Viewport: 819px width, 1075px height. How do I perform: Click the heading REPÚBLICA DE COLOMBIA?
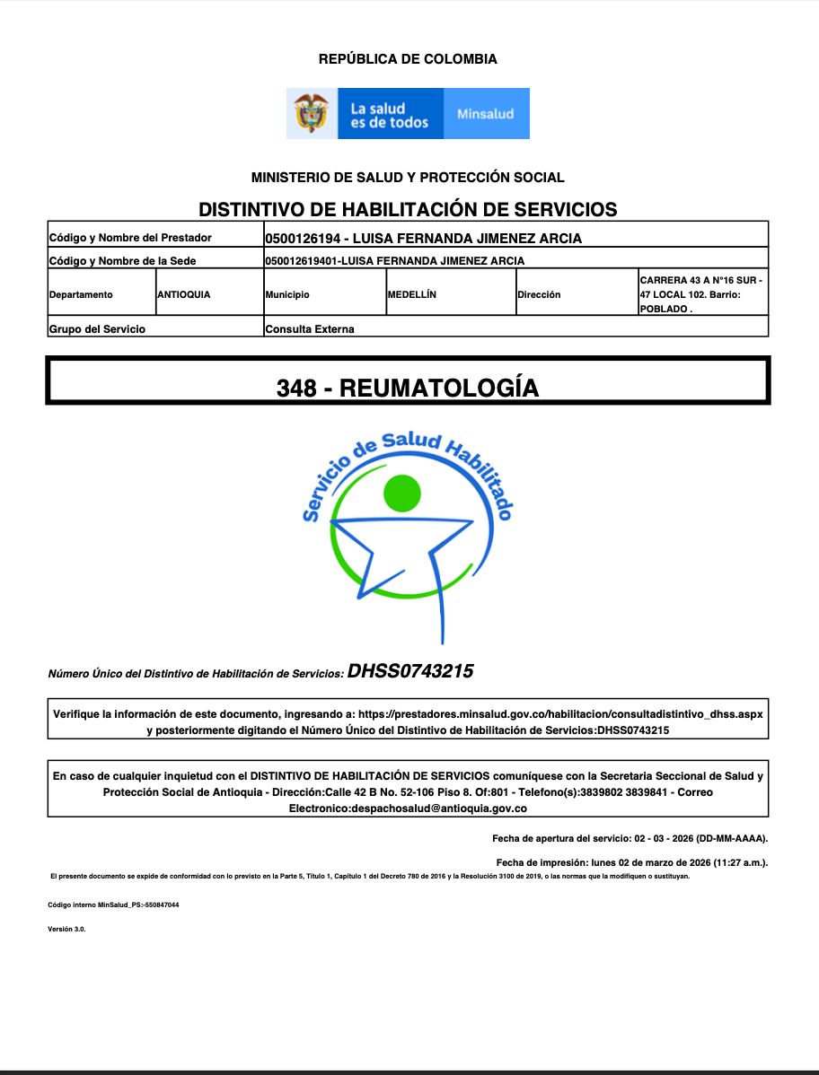tap(408, 59)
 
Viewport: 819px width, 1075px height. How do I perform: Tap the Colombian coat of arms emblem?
tap(311, 113)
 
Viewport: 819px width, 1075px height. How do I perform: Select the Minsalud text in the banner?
tap(485, 114)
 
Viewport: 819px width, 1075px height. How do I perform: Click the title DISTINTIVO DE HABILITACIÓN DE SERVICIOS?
tap(408, 210)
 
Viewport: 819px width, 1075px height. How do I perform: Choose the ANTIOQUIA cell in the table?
tap(184, 294)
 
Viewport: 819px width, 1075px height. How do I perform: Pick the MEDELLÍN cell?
tap(412, 294)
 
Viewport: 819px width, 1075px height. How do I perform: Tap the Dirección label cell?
tap(539, 294)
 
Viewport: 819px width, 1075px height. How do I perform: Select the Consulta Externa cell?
tap(310, 329)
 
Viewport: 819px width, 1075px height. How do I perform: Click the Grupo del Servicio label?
tap(97, 329)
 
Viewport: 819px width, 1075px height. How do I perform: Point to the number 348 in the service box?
tap(296, 388)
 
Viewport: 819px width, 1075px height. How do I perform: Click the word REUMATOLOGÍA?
tap(440, 388)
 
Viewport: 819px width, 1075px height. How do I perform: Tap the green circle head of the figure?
tap(401, 492)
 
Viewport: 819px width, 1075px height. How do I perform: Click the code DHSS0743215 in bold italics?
tap(410, 671)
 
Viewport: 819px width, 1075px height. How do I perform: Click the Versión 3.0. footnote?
tap(66, 930)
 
